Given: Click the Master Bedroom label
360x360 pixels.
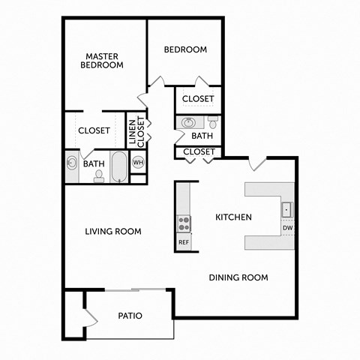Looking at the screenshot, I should click(x=104, y=61).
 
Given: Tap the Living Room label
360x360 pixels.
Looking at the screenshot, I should click(x=113, y=232).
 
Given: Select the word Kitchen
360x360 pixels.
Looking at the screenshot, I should click(x=233, y=217).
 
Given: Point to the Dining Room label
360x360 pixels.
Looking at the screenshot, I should click(x=238, y=277).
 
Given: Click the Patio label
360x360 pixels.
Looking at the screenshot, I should click(x=130, y=316).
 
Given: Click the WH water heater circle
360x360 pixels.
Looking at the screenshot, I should click(x=138, y=162).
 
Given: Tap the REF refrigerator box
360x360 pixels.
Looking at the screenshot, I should click(x=184, y=242).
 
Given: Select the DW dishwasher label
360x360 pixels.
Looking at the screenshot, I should click(x=286, y=228).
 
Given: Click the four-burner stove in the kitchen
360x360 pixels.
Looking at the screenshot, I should click(x=184, y=223).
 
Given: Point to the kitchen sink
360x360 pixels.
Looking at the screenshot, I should click(x=286, y=209).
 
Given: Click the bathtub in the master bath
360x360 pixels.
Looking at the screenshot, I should click(x=119, y=166).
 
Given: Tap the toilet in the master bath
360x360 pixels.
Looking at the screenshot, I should click(x=99, y=175).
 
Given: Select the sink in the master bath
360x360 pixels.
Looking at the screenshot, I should click(x=73, y=163).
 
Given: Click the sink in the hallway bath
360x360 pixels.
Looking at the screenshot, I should click(x=188, y=122).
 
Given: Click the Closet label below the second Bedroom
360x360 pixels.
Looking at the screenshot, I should click(x=199, y=98).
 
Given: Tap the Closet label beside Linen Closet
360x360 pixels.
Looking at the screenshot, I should click(x=94, y=130).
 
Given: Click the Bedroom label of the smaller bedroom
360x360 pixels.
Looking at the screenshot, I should click(x=185, y=49).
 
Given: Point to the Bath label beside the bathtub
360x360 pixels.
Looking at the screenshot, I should click(x=94, y=163).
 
